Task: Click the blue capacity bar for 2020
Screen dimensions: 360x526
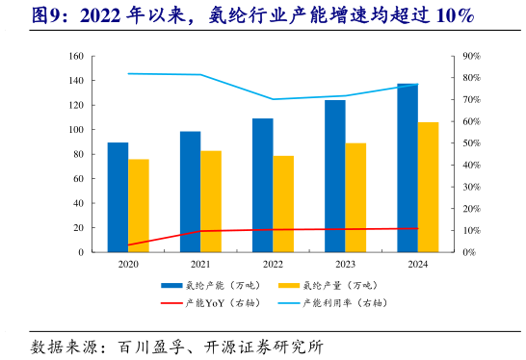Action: point(118,197)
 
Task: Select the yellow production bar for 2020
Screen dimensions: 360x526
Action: point(139,205)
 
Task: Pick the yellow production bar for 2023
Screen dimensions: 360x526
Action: point(355,197)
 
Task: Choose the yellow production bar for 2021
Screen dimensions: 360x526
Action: point(211,201)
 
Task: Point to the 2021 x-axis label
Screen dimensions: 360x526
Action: point(200,264)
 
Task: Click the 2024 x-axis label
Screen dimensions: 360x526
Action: point(417,264)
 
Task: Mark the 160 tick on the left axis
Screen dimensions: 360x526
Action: point(75,56)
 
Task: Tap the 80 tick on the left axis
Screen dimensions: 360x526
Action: point(78,154)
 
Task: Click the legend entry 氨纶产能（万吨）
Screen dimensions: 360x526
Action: point(217,285)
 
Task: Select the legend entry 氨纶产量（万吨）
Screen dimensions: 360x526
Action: point(332,285)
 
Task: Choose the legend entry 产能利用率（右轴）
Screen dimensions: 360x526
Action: point(337,302)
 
